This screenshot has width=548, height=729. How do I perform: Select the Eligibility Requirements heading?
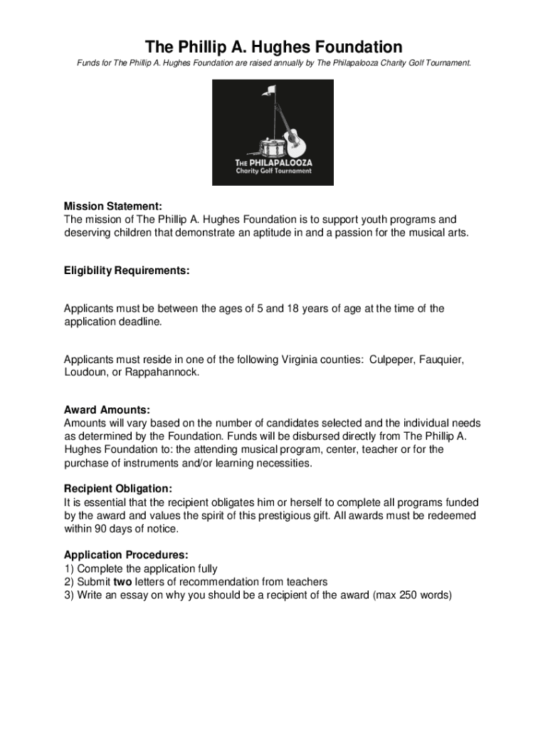pyautogui.click(x=127, y=271)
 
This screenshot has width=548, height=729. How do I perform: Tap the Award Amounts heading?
pyautogui.click(x=107, y=410)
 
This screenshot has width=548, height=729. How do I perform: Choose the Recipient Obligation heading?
pyautogui.click(x=117, y=489)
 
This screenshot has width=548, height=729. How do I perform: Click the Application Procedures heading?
pyautogui.click(x=126, y=555)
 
